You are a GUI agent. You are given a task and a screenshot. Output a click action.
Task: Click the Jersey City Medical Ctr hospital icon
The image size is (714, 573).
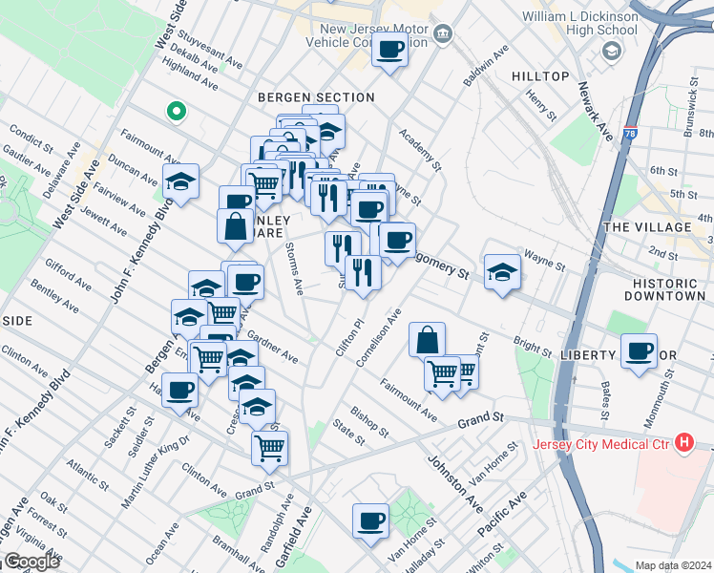(x=683, y=443)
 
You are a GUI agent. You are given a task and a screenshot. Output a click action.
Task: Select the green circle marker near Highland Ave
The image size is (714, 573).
(x=177, y=112)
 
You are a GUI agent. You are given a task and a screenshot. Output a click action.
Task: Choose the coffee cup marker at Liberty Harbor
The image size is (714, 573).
(x=639, y=350)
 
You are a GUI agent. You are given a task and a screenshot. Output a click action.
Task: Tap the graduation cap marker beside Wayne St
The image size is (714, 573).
(x=502, y=272)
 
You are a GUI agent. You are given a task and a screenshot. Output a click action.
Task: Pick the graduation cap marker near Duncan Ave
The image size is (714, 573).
(x=180, y=181)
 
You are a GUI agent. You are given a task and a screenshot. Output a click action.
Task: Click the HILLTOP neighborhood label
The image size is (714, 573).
(x=540, y=76)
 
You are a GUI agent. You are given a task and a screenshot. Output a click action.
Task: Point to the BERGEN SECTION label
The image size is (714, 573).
(x=316, y=97)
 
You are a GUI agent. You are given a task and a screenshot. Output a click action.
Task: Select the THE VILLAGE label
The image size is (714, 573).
(x=647, y=227)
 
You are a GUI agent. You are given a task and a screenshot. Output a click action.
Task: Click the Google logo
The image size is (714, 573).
(x=31, y=562)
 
